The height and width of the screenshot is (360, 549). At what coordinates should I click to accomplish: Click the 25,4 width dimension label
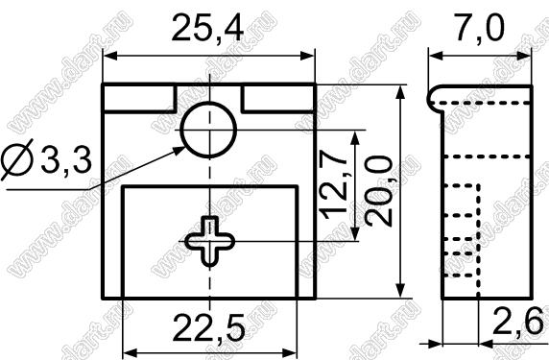[207, 27]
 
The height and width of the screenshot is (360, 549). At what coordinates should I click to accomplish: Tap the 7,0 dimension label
[479, 27]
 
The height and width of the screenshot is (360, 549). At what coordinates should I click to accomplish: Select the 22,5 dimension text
[208, 327]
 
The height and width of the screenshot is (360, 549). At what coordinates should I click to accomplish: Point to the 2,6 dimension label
[517, 321]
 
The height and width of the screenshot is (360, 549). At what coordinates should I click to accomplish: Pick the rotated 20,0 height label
[378, 191]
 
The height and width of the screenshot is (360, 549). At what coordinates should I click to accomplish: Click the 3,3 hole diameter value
[66, 159]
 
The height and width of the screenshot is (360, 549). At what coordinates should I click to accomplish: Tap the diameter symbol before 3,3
[17, 159]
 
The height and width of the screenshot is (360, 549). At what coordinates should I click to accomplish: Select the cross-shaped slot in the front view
[210, 241]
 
